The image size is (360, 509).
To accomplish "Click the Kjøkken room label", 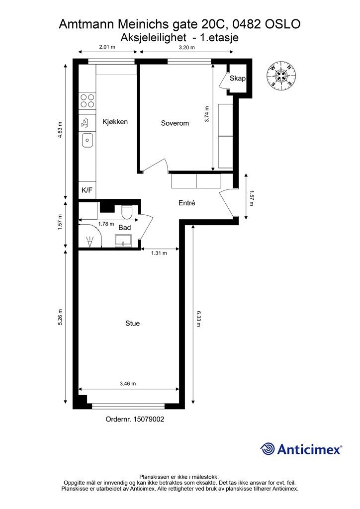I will click(x=115, y=121).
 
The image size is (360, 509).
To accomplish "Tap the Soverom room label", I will click(x=175, y=123).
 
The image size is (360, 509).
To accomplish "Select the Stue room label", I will click(x=132, y=323).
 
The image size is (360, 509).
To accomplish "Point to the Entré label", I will click(x=186, y=203).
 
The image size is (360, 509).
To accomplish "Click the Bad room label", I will click(x=124, y=228).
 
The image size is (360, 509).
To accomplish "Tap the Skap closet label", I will click(x=238, y=79).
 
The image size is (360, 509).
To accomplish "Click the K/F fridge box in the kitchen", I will click(x=87, y=190).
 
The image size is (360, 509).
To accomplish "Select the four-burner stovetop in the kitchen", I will click(x=88, y=100).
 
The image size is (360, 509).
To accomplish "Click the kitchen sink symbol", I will click(x=87, y=141).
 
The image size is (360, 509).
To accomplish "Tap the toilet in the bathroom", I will click(x=126, y=213).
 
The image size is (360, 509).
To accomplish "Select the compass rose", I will click(x=281, y=76).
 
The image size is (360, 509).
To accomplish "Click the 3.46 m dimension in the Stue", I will click(x=128, y=384).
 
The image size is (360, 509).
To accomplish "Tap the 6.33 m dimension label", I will click(x=198, y=319).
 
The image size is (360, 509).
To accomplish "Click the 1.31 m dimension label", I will click(x=159, y=253).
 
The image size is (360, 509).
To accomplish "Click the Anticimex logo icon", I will click(x=268, y=449).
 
